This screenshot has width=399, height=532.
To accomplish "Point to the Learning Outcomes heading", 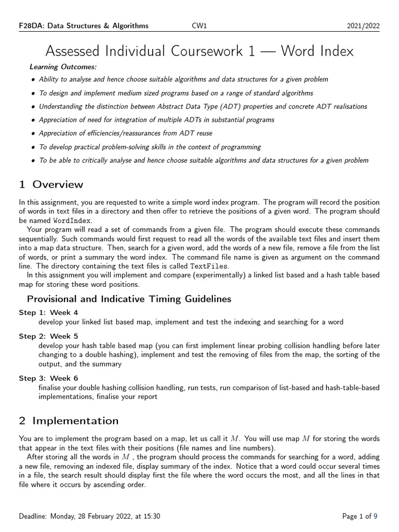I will [x=63, y=67].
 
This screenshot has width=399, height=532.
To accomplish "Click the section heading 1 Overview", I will [x=51, y=184].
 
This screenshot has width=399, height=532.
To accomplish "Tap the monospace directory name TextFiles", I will [x=209, y=266].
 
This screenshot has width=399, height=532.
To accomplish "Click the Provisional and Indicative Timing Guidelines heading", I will [x=129, y=299].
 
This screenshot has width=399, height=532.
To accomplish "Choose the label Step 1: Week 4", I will [x=48, y=313].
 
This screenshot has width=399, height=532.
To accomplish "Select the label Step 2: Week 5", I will [x=48, y=336].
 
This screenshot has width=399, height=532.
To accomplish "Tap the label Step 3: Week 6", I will [x=48, y=378].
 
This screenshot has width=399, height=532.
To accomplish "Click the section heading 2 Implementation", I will [x=69, y=421].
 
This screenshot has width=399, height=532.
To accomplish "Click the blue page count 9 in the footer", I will [x=376, y=516].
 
